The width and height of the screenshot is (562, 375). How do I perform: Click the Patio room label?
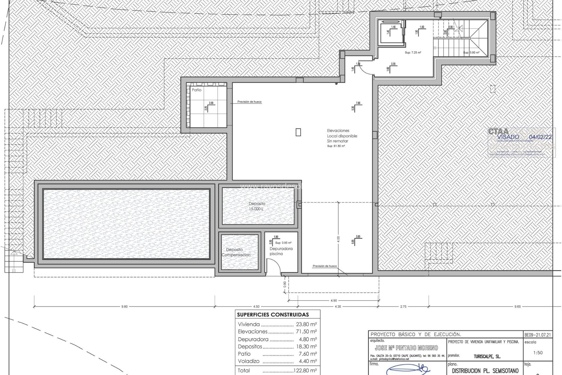click(x=196, y=90)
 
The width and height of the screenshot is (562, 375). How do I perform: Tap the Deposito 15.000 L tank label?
click(x=257, y=206)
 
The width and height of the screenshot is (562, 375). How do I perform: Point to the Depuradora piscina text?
click(x=281, y=251)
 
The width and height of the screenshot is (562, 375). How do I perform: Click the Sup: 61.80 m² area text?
click(x=336, y=146)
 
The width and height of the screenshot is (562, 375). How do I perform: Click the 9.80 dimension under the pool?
click(x=124, y=307)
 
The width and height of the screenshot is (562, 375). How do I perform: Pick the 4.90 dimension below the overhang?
click(x=333, y=301)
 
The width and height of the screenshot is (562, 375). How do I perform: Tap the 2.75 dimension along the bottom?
click(x=403, y=307)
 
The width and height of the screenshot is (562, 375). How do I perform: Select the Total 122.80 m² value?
click(x=305, y=371)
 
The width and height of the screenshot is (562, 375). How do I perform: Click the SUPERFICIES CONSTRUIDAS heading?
click(x=273, y=315)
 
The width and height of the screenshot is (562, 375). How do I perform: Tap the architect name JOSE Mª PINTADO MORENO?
click(x=406, y=348)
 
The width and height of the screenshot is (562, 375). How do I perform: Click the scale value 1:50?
click(x=538, y=353)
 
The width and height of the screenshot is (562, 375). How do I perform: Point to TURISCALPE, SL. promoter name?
click(x=487, y=357)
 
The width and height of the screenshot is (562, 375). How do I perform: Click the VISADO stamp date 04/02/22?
click(x=541, y=137)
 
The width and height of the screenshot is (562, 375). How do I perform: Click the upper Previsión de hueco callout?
click(x=249, y=102)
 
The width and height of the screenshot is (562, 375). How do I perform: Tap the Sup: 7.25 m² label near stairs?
click(x=413, y=53)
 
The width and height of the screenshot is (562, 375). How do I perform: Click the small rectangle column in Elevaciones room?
click(x=298, y=132)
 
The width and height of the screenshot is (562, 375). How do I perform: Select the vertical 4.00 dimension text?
click(x=338, y=239)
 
